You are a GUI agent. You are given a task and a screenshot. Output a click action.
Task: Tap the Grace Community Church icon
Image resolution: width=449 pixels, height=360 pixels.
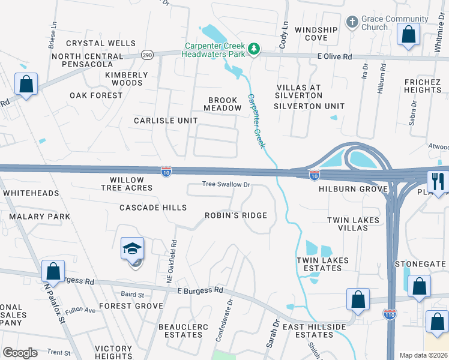[x=352, y=23]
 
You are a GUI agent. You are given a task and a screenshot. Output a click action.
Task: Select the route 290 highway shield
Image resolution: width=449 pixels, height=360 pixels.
[x=147, y=55]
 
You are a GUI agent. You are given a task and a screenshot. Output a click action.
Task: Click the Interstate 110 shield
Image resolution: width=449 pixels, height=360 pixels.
[x=390, y=313]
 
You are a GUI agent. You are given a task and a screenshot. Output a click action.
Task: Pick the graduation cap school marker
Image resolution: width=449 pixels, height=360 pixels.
[x=133, y=249]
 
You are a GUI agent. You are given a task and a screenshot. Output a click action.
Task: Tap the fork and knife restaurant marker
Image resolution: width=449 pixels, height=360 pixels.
[x=438, y=181]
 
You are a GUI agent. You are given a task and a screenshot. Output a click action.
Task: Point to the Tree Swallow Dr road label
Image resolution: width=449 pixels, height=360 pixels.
[x=226, y=185]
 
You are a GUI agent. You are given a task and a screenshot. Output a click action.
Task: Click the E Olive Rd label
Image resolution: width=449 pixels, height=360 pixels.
[x=334, y=56]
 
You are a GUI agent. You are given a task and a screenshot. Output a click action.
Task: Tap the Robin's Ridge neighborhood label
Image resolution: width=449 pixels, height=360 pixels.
[x=236, y=215]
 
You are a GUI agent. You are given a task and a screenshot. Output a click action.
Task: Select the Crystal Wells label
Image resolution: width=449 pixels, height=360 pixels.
[x=101, y=43]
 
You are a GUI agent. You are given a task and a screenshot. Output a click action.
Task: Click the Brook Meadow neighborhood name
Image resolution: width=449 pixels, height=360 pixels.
[x=224, y=104]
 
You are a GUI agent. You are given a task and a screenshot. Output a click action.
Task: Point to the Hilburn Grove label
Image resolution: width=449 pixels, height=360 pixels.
[x=349, y=188]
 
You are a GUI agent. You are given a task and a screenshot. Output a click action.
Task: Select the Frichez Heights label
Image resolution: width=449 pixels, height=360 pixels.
[x=423, y=86]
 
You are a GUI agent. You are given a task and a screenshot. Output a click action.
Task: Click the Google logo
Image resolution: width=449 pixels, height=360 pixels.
[x=20, y=353]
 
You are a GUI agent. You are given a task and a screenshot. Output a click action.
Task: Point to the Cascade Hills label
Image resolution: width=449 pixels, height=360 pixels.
[x=153, y=208]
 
